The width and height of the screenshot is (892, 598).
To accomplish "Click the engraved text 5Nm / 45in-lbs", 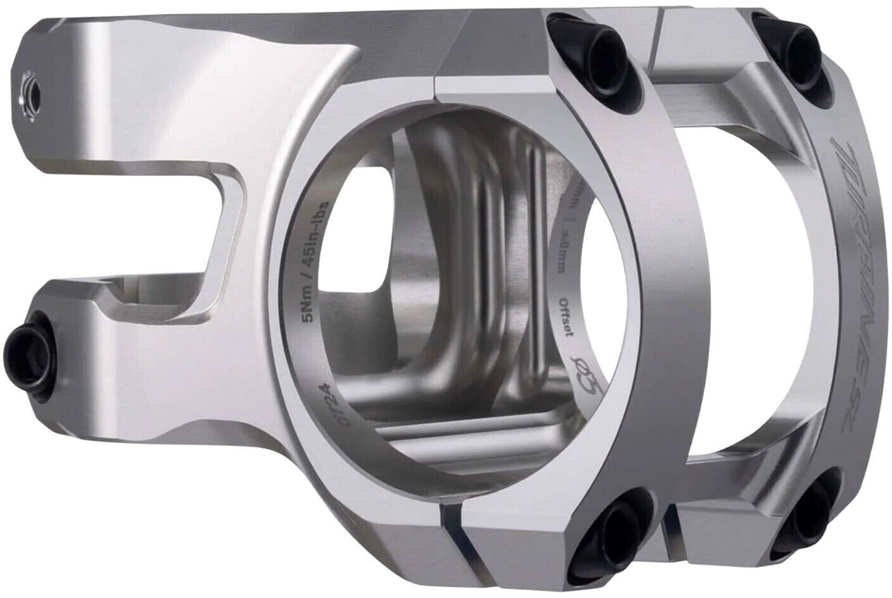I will pyautogui.click(x=316, y=260).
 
